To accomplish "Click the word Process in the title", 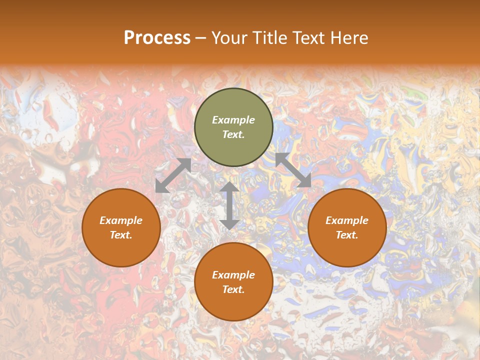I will (x=157, y=38).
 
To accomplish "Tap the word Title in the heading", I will (x=268, y=38).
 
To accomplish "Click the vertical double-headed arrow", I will (x=229, y=205).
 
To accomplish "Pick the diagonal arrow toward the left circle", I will (x=173, y=175).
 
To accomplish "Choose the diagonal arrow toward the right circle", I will (x=293, y=170).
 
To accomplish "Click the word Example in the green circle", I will (x=233, y=120).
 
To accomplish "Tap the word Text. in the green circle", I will (x=233, y=134).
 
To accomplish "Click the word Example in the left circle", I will (x=121, y=220).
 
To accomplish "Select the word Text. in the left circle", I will (x=121, y=235).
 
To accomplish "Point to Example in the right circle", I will (x=347, y=220).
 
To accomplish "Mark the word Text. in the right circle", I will (x=347, y=235).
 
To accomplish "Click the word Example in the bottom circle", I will (x=233, y=275).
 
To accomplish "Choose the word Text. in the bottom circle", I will (x=233, y=289).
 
